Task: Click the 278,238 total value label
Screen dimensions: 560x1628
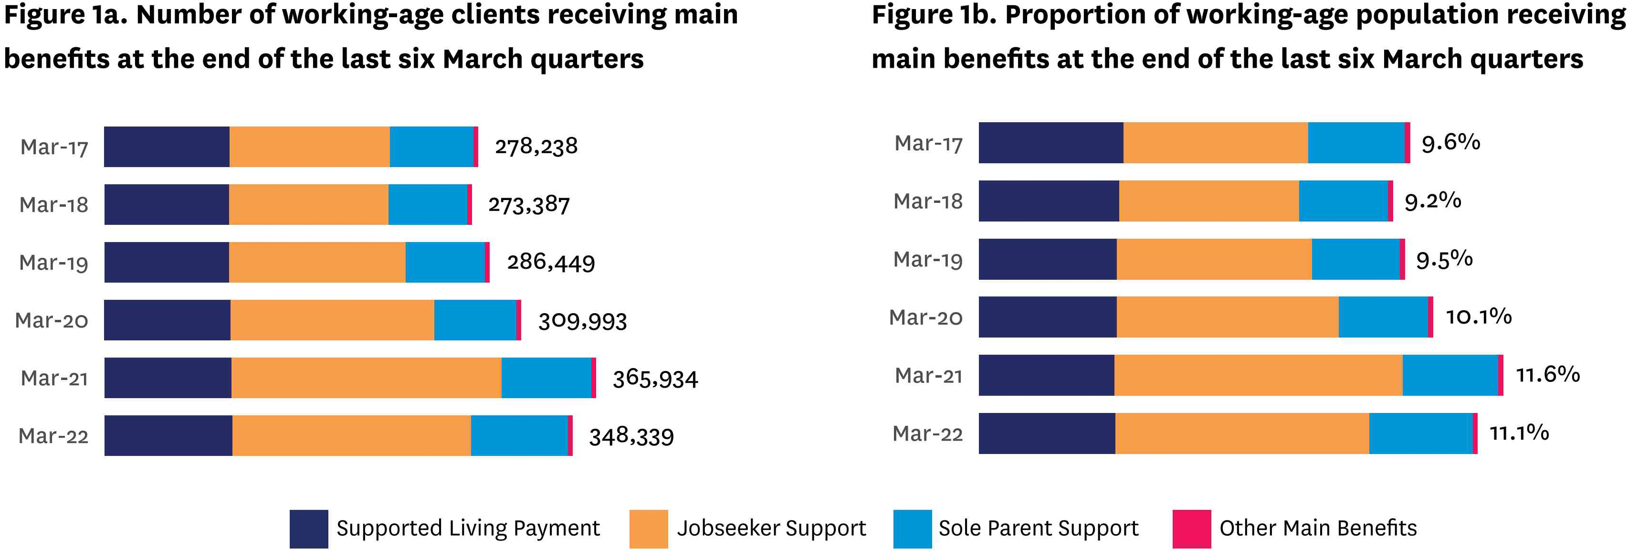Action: click(536, 147)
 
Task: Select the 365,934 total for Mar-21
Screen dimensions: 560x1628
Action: click(655, 379)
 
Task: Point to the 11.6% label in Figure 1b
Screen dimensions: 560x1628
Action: click(1547, 375)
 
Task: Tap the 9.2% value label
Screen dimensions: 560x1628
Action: click(1433, 201)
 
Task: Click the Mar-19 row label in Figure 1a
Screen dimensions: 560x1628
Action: click(54, 262)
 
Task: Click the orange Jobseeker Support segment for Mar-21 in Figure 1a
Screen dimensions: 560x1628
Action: click(366, 378)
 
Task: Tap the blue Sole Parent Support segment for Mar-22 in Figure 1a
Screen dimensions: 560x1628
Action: click(519, 435)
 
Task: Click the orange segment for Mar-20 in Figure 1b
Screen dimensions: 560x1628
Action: click(1227, 317)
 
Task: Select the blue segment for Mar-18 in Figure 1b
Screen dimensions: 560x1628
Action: click(1343, 201)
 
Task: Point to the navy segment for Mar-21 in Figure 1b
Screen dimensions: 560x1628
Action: click(1046, 375)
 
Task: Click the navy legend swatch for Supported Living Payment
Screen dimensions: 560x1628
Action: click(308, 528)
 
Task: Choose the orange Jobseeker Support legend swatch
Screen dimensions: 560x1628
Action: click(649, 528)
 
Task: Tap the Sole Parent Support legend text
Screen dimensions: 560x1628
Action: click(1039, 528)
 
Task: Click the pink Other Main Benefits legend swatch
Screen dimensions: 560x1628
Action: click(1191, 528)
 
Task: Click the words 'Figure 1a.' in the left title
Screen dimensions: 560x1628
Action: click(66, 15)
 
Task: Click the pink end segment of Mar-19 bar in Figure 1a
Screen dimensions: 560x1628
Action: click(487, 262)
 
